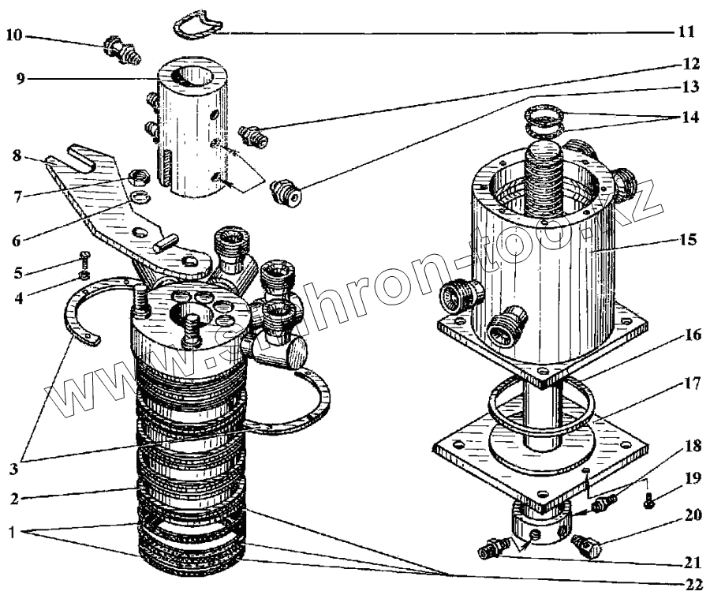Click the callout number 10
click(15, 35)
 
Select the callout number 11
click(685, 32)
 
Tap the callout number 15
click(688, 238)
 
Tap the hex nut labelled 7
click(136, 176)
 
